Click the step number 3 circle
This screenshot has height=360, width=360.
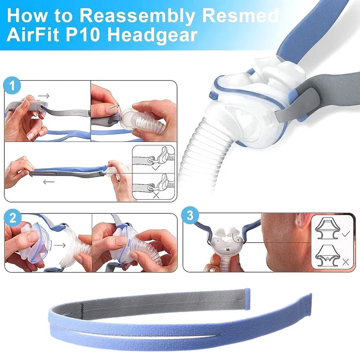[190, 217]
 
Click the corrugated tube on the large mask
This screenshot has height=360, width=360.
[202, 148]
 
